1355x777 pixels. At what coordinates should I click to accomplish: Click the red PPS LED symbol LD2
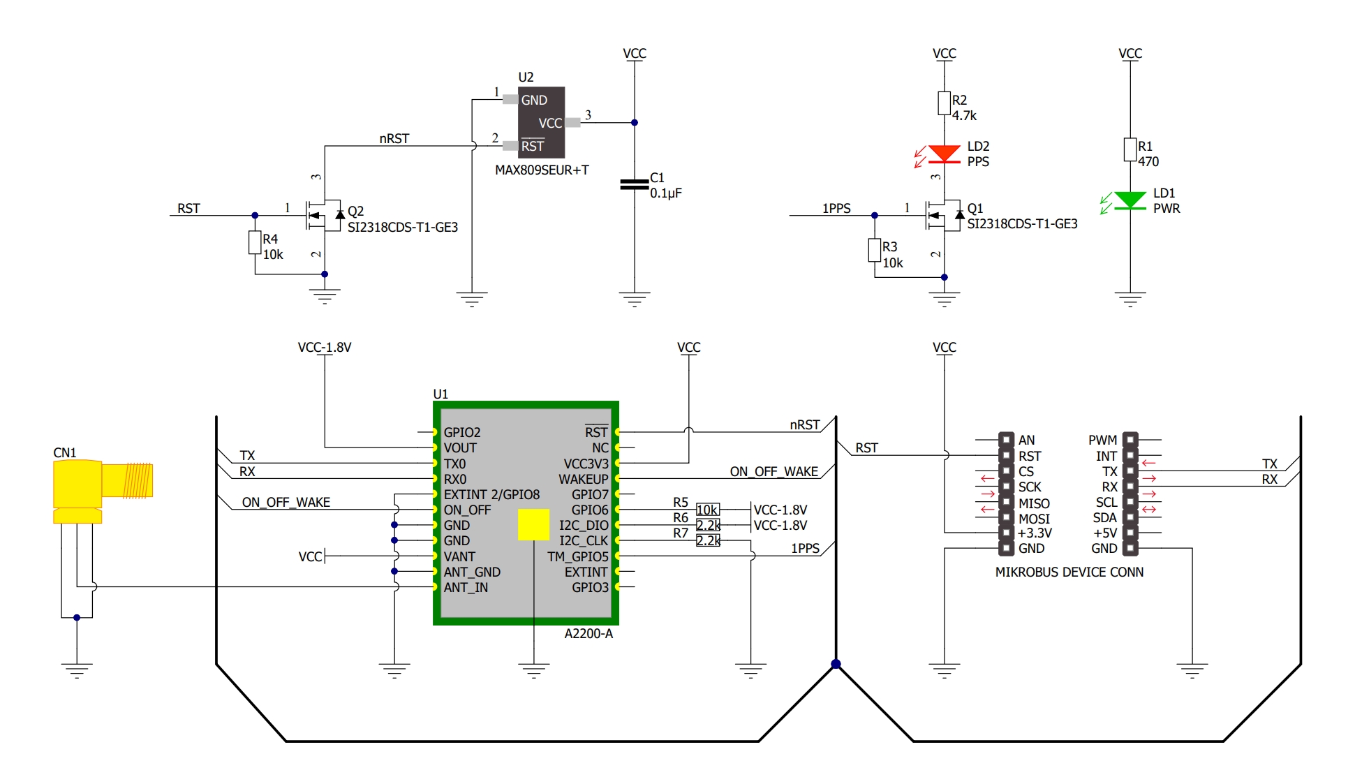(945, 154)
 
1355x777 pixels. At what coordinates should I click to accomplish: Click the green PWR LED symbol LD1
(1130, 201)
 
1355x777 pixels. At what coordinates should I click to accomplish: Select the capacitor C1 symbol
(635, 184)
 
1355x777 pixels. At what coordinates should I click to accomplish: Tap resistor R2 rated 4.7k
(945, 103)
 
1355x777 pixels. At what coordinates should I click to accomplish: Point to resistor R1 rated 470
(1130, 149)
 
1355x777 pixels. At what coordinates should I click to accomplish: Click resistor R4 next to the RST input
(255, 243)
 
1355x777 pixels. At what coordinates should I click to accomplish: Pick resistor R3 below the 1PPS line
(875, 250)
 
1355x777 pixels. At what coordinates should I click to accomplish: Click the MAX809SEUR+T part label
(542, 170)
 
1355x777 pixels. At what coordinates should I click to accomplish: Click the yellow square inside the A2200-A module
(533, 524)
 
